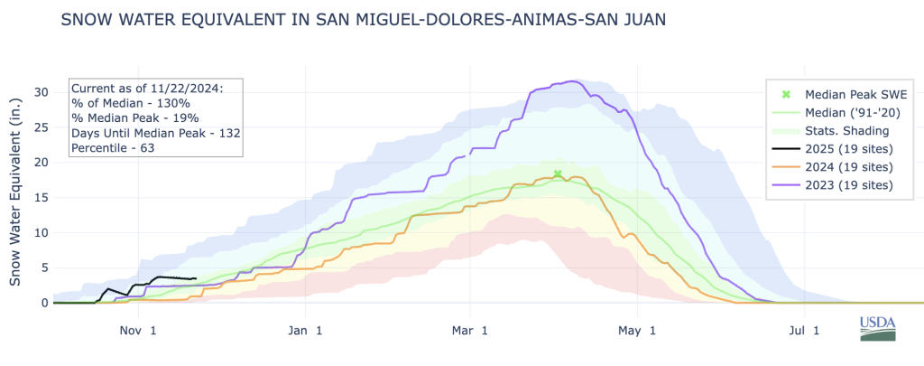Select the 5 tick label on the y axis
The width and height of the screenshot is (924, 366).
[42, 267]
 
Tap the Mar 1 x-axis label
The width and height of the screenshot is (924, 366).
[469, 331]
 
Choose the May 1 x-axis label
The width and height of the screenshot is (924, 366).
[638, 331]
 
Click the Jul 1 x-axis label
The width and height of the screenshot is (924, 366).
[804, 331]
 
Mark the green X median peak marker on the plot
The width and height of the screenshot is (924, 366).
[558, 174]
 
